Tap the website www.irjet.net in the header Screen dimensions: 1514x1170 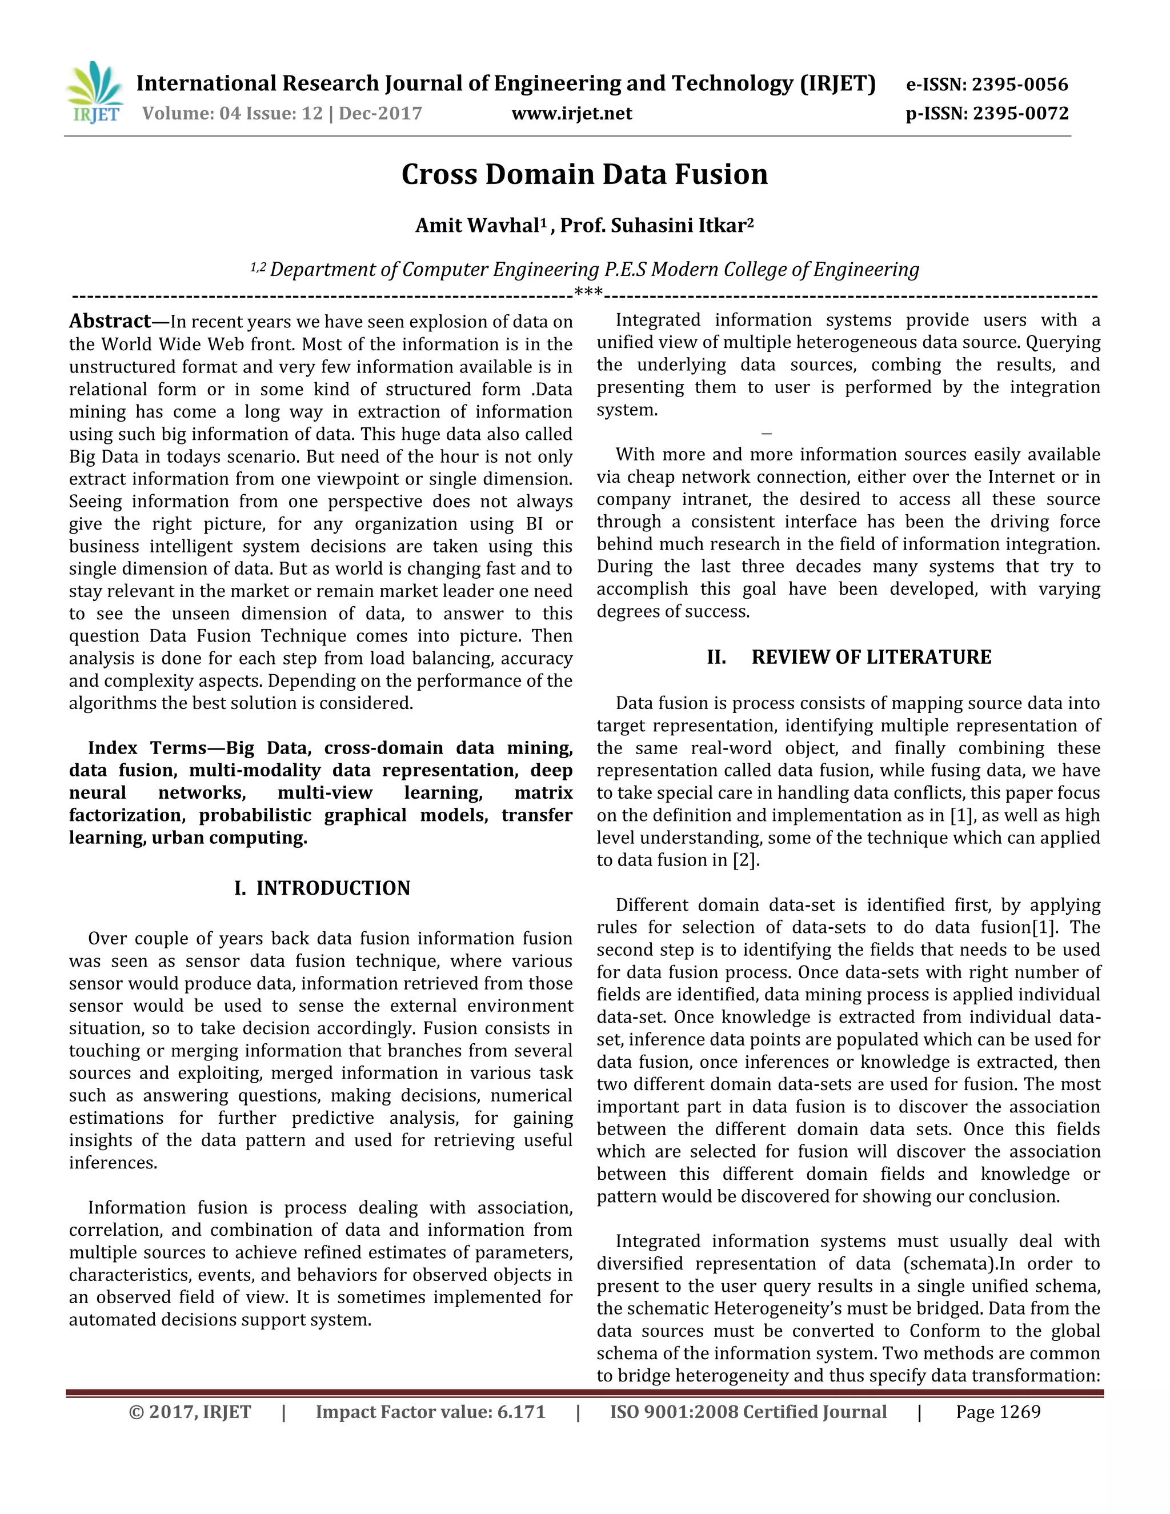tap(572, 114)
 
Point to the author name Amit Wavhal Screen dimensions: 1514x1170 tap(477, 226)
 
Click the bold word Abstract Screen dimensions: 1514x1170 tap(110, 321)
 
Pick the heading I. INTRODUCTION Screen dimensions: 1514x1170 tap(322, 888)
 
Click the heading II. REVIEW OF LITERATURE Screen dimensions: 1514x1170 tap(849, 657)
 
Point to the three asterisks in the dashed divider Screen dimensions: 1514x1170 tap(588, 293)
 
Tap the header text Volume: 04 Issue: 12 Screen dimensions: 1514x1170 tap(232, 114)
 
